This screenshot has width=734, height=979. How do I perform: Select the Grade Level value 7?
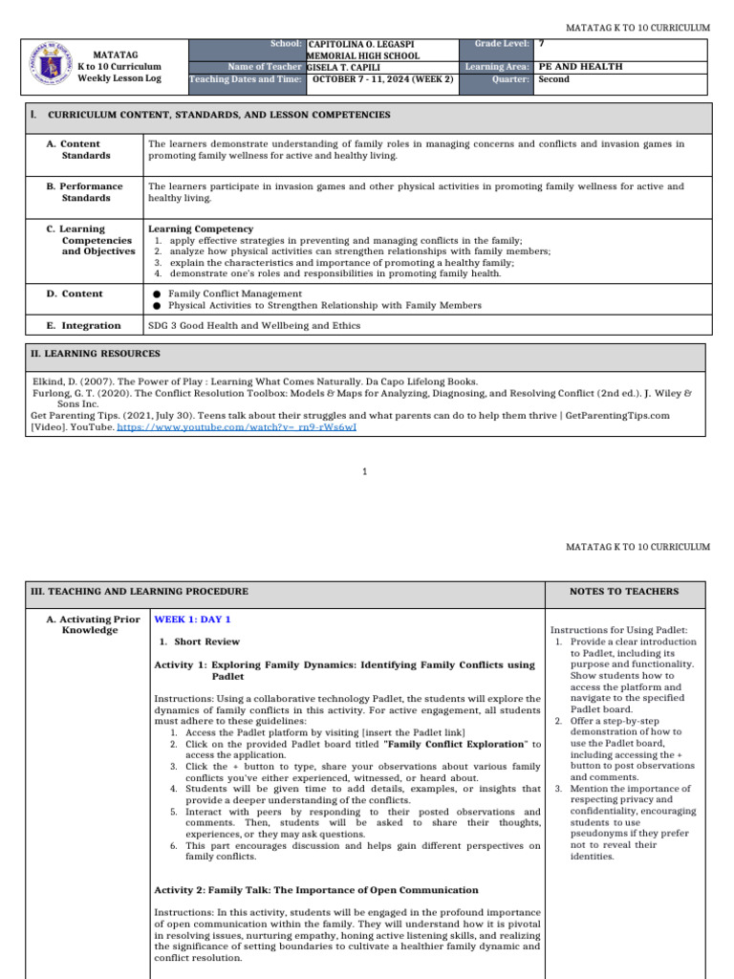tap(542, 44)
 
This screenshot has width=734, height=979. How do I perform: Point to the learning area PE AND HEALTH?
tap(580, 67)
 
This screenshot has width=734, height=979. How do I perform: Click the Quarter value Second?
tap(554, 79)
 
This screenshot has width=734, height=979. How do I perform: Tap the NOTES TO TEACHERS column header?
tap(624, 592)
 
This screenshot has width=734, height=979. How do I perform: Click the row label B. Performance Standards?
tap(85, 192)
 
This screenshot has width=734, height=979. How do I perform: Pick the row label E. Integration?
tap(84, 326)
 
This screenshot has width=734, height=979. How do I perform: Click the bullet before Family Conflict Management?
tap(156, 294)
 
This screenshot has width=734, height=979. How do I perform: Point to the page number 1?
tap(366, 471)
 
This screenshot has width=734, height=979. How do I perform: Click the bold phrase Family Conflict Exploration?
tap(457, 744)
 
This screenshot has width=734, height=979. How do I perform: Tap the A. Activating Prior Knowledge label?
tap(93, 625)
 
